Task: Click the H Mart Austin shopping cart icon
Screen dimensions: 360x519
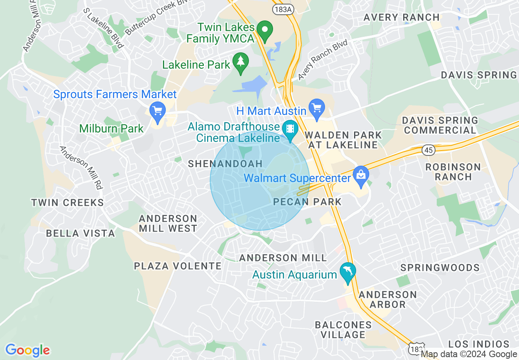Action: coord(316,108)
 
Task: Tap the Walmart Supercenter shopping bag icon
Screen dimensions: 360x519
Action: coord(361,175)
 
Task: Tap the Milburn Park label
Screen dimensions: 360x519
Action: coord(111,128)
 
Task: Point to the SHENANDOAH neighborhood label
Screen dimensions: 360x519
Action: coord(225,164)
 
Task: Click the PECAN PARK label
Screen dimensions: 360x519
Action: coord(307,202)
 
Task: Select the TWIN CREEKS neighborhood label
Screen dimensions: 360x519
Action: coord(68,202)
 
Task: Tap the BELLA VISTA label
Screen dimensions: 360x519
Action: coord(80,233)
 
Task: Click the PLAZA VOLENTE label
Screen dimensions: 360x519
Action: coord(178,266)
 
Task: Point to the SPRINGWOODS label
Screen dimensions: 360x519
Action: coord(440,268)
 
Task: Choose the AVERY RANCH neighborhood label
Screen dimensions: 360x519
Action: coord(401,17)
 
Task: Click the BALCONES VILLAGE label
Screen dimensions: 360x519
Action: coord(343,330)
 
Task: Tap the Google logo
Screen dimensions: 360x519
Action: coord(27,350)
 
